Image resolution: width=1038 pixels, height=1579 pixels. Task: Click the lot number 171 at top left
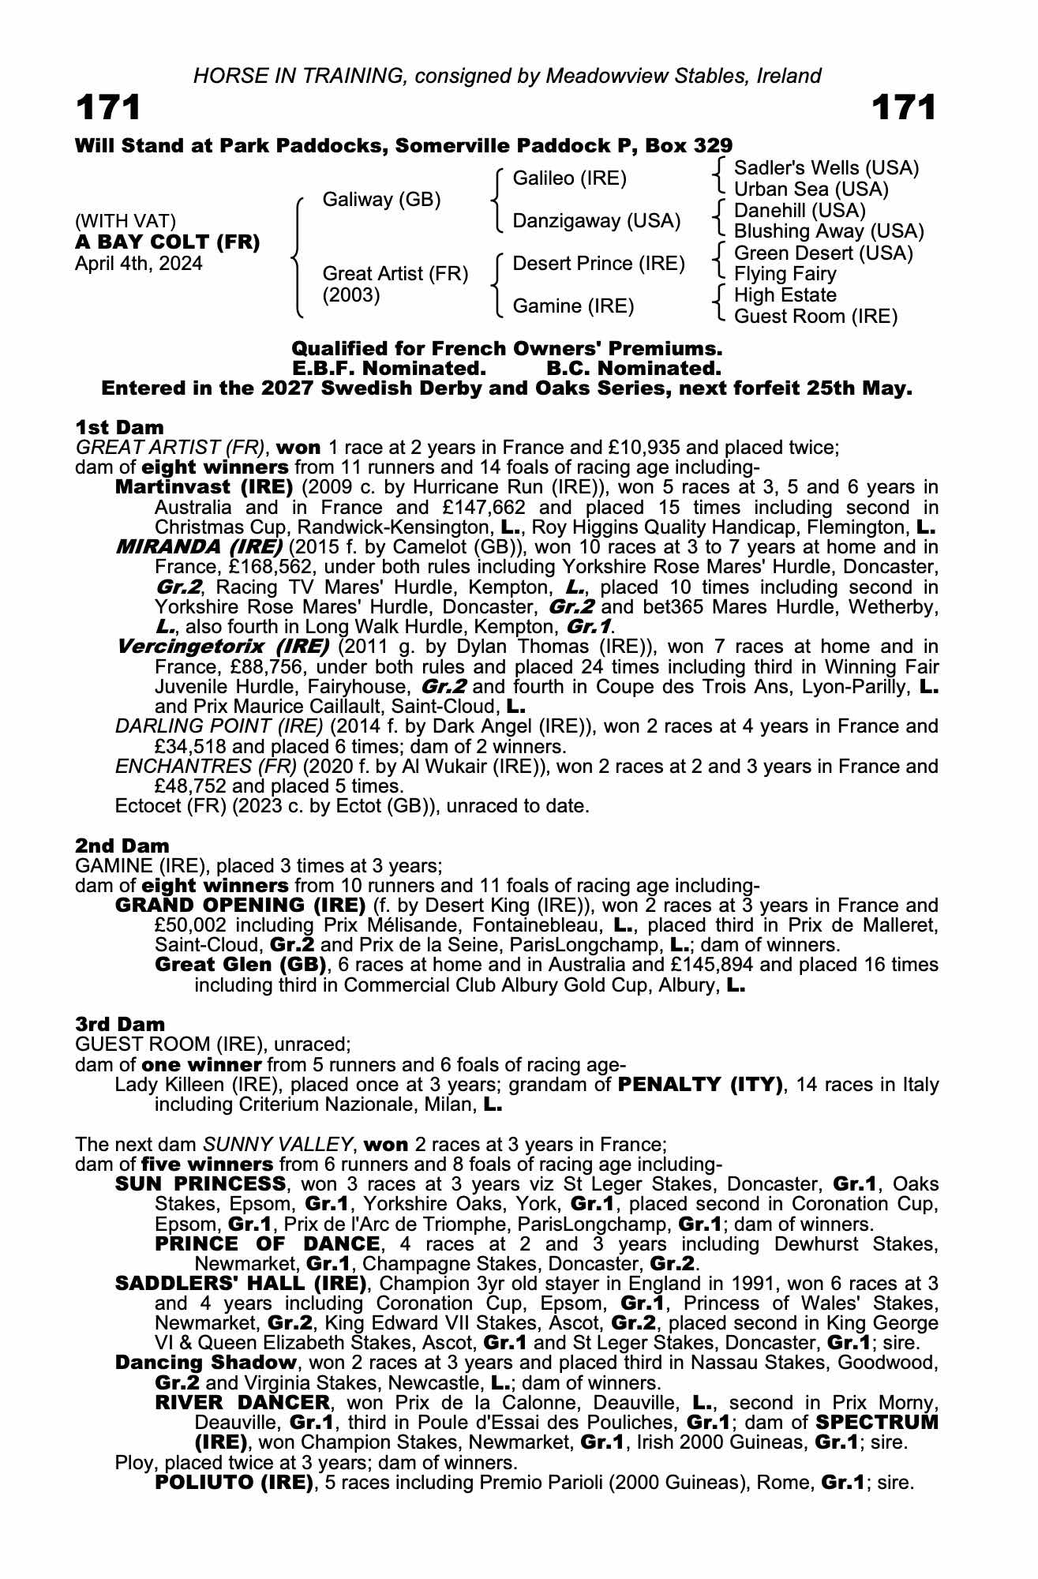point(108,108)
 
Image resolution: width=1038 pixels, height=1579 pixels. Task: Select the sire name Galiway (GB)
point(381,200)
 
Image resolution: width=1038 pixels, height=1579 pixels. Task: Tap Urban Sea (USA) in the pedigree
point(811,189)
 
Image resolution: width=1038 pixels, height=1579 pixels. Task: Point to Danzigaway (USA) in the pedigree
point(596,221)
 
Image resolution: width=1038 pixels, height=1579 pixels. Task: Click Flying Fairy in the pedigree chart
point(785,274)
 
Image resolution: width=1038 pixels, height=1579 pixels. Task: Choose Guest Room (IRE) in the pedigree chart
point(815,317)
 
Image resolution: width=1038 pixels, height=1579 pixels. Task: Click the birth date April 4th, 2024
point(138,264)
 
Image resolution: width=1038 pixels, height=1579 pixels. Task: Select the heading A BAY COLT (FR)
point(167,242)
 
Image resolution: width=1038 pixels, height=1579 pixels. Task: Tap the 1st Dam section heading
point(120,428)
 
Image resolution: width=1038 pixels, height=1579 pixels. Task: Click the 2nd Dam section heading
point(122,846)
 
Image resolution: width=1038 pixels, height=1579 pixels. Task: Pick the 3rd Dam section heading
point(121,1025)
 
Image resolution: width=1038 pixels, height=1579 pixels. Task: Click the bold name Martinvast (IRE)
point(204,487)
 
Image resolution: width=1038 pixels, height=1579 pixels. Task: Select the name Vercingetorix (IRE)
point(223,647)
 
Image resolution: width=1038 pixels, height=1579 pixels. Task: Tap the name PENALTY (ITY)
point(700,1085)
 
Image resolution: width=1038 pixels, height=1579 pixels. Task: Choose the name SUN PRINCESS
point(200,1184)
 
